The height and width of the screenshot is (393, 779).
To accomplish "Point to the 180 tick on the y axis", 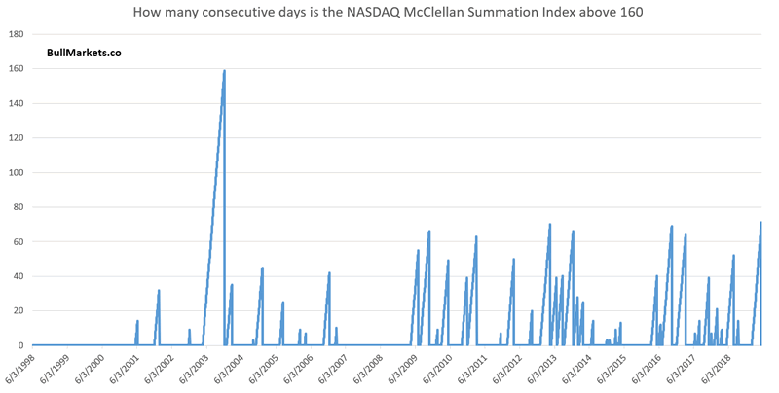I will tap(16, 34).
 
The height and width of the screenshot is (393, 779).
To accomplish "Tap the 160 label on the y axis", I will tap(16, 69).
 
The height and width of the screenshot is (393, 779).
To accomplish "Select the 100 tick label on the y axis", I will tap(16, 173).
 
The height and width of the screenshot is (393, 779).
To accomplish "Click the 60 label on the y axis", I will tap(19, 242).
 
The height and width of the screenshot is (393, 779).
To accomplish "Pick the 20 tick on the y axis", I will tap(19, 311).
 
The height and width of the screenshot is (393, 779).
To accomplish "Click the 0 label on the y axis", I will tap(21, 345).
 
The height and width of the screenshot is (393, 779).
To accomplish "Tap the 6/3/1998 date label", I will tap(21, 371).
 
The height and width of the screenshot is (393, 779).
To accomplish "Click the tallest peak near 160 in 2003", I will tap(224, 71).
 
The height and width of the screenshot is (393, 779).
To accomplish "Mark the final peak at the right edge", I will tap(760, 223).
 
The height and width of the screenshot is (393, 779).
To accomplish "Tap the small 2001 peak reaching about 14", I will tap(137, 321).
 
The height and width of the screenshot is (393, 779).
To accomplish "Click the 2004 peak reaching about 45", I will tap(262, 268).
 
